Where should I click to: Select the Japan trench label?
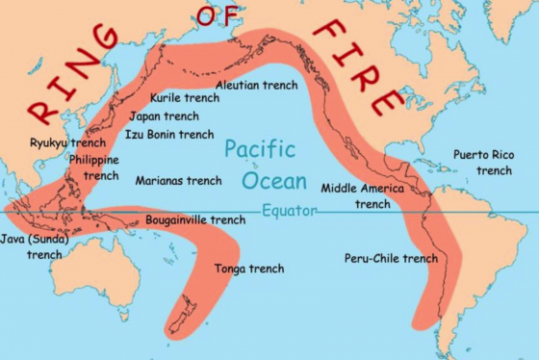(166, 116)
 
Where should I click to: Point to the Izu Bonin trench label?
(169, 134)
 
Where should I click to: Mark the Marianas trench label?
(178, 180)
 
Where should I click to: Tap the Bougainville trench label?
(195, 219)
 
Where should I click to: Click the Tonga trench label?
(249, 269)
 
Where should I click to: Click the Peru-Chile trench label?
(391, 258)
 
